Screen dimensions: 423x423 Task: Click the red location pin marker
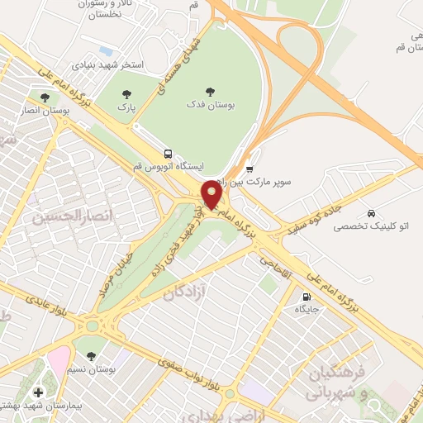click(x=211, y=195)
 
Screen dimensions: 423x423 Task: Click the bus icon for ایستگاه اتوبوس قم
click(x=169, y=154)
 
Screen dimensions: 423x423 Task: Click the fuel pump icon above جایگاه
click(x=307, y=297)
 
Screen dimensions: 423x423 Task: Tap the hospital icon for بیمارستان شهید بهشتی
click(x=37, y=390)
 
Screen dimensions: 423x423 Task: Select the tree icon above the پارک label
click(x=126, y=93)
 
